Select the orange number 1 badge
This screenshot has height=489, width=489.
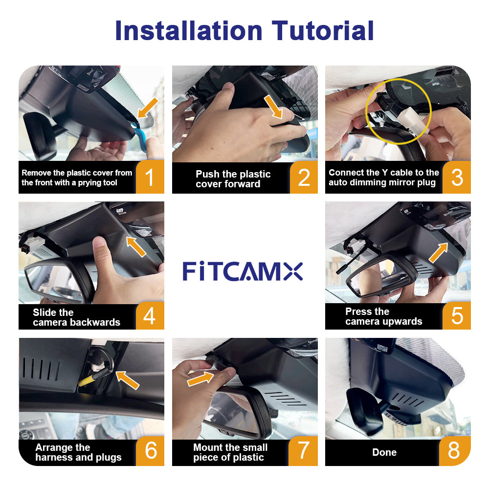pyautogui.click(x=150, y=178)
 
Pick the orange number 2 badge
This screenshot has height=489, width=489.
pyautogui.click(x=304, y=178)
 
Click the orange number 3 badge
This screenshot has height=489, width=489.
pyautogui.click(x=457, y=178)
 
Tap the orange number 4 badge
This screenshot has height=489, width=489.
pyautogui.click(x=150, y=316)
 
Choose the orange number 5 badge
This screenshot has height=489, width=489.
pyautogui.click(x=457, y=315)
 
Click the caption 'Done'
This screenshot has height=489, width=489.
pyautogui.click(x=384, y=452)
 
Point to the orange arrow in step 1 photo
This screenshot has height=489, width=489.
pyautogui.click(x=148, y=108)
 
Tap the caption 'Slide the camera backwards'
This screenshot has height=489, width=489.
pyautogui.click(x=76, y=317)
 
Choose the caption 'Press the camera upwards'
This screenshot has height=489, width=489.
pyautogui.click(x=383, y=316)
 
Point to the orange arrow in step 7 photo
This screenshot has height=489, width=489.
pyautogui.click(x=200, y=378)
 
